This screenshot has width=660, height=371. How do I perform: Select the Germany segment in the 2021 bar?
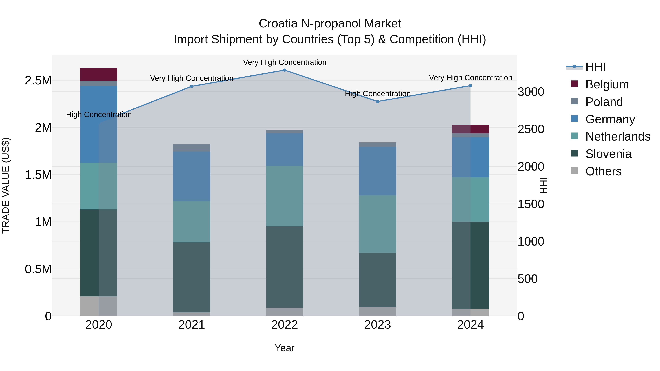click(x=192, y=176)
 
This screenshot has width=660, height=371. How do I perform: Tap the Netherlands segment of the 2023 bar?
click(x=377, y=224)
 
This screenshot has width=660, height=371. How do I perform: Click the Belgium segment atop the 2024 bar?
click(x=470, y=129)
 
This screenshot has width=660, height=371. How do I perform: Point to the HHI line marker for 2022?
click(x=284, y=70)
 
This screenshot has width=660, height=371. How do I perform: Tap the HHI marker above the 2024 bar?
click(x=470, y=86)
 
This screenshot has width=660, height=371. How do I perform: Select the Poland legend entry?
click(x=604, y=102)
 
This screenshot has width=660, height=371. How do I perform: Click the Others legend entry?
click(x=603, y=171)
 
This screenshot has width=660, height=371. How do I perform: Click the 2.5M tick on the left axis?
click(x=38, y=81)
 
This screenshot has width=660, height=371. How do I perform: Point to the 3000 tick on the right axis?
click(x=531, y=92)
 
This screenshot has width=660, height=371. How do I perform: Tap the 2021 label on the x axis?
click(x=192, y=325)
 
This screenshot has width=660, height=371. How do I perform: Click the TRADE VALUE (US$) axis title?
click(x=6, y=185)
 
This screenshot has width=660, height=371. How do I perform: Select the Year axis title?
click(x=284, y=348)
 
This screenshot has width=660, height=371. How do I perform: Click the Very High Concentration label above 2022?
click(x=284, y=62)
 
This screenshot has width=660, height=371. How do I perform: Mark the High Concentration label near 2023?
click(x=377, y=94)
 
